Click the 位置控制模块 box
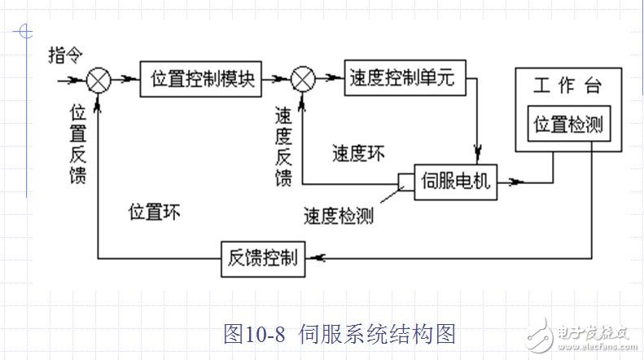pyautogui.click(x=203, y=80)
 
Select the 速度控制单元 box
pyautogui.click(x=405, y=79)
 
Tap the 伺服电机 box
pyautogui.click(x=456, y=180)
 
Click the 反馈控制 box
pyautogui.click(x=262, y=259)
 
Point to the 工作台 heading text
pyautogui.click(x=567, y=86)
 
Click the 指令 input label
pyautogui.click(x=65, y=55)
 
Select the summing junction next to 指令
pyautogui.click(x=99, y=80)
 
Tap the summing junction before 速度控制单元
pyautogui.click(x=303, y=80)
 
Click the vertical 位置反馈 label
pyautogui.click(x=78, y=142)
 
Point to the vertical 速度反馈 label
pyautogui.click(x=283, y=147)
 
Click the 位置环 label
pyautogui.click(x=155, y=213)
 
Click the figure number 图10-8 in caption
pyautogui.click(x=253, y=333)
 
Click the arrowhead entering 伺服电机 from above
pyautogui.click(x=478, y=152)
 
